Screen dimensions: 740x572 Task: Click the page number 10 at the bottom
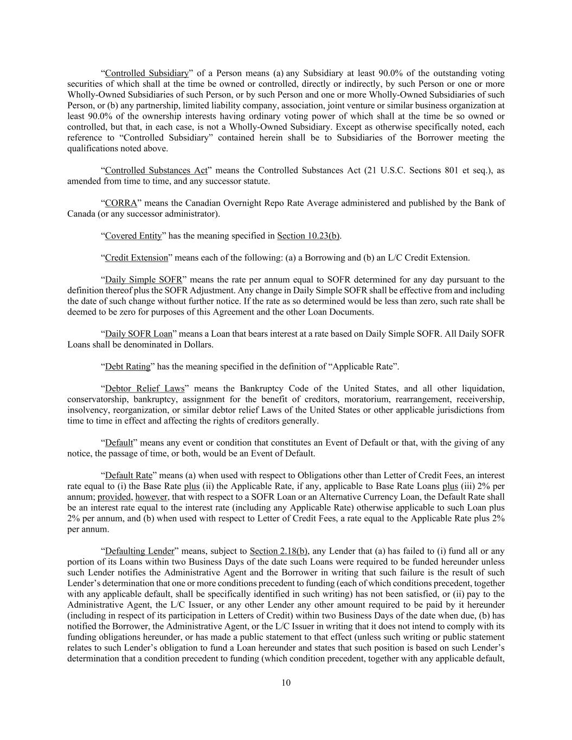click(x=286, y=683)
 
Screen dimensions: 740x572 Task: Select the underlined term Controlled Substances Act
click(x=156, y=170)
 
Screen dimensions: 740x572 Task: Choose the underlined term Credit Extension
click(x=136, y=258)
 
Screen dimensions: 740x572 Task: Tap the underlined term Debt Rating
click(x=127, y=366)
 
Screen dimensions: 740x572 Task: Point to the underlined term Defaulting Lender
click(x=139, y=551)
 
